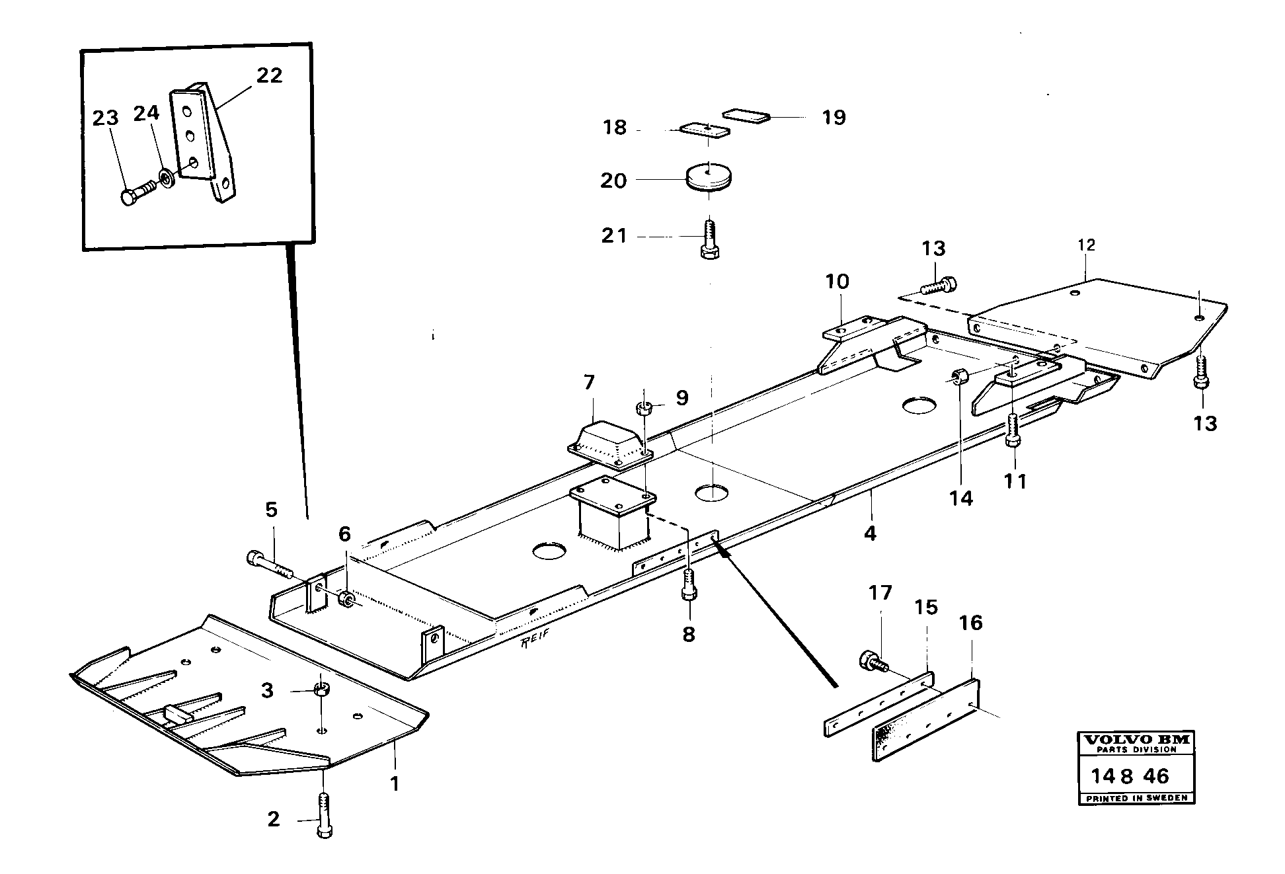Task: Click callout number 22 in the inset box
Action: (269, 75)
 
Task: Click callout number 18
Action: (614, 128)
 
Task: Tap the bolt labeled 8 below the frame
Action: (688, 584)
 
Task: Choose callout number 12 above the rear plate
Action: (1086, 245)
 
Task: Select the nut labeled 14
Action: (960, 377)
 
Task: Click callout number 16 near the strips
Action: (971, 623)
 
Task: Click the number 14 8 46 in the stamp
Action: (1130, 775)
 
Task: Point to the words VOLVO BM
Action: (1135, 739)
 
